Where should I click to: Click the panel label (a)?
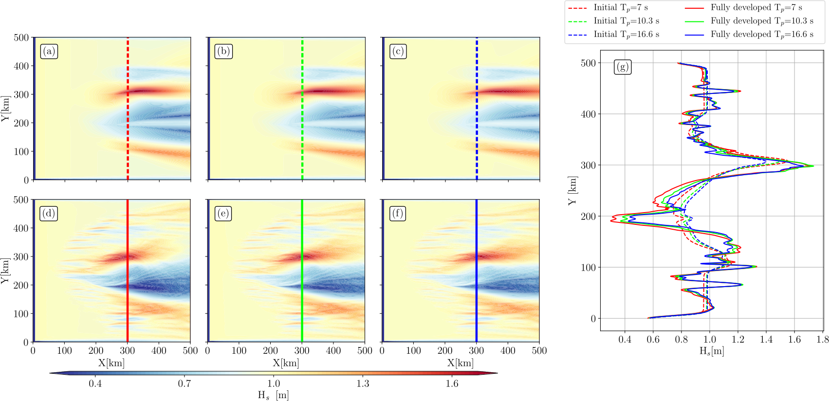49,52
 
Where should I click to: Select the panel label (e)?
223,214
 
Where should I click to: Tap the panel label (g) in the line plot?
623,67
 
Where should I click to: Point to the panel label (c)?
398,52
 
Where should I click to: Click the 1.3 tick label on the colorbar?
363,383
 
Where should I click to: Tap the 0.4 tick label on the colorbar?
95,383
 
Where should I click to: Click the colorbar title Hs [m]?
273,395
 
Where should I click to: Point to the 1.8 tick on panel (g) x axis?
823,339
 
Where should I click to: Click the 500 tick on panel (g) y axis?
589,63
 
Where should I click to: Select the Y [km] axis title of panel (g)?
572,191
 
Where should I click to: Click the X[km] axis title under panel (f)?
460,363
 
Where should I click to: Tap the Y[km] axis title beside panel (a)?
5,109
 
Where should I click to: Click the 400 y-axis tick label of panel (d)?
20,228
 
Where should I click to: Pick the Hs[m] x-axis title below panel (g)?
711,351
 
